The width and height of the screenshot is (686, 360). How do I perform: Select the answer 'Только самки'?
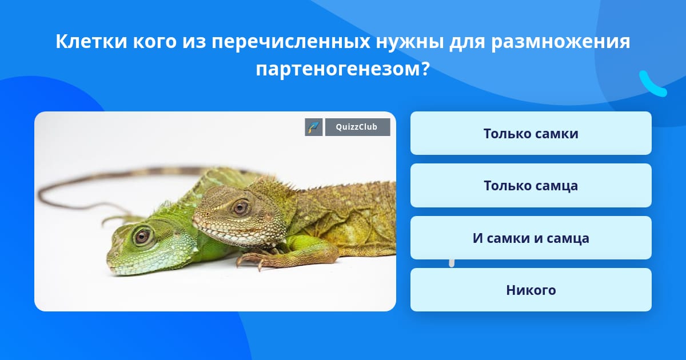pos(531,133)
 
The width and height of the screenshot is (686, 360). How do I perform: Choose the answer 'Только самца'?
pos(531,186)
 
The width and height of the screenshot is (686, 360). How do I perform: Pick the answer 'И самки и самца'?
pos(531,238)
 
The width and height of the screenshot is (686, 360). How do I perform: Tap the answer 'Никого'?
pos(531,290)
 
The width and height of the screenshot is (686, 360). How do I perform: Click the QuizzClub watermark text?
pos(357,127)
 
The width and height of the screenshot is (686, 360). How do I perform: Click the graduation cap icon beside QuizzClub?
pos(314,127)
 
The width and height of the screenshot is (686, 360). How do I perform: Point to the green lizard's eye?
pos(142,236)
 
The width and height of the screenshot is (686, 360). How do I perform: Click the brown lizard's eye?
pos(240,208)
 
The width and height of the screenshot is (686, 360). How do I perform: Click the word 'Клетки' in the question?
pos(91,41)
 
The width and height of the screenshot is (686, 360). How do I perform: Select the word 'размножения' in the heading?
pos(561,41)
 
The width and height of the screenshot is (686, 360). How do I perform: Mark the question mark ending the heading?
pos(425,69)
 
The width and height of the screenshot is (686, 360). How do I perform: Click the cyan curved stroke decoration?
pos(652,85)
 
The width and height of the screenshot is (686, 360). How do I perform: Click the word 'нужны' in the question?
pos(409,41)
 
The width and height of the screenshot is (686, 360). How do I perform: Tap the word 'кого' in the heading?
pos(155,41)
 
